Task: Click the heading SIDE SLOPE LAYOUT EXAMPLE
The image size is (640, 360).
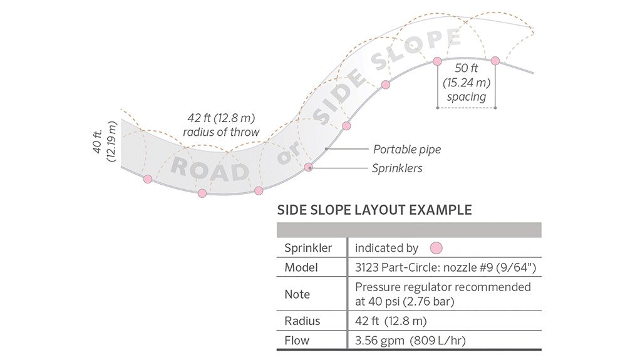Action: click(x=374, y=210)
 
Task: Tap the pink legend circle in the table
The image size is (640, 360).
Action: click(x=436, y=248)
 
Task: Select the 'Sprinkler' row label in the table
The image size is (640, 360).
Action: click(x=308, y=248)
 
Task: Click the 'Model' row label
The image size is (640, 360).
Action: click(x=301, y=267)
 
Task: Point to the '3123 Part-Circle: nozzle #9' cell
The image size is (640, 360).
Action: click(x=445, y=267)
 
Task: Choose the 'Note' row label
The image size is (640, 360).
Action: click(x=297, y=294)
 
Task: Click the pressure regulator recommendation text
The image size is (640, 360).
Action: click(x=443, y=294)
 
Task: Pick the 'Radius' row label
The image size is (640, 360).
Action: click(x=302, y=321)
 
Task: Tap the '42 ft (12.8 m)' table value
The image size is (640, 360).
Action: click(x=391, y=321)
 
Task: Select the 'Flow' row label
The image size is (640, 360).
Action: click(x=297, y=341)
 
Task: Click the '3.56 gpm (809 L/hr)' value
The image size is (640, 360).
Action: click(x=410, y=341)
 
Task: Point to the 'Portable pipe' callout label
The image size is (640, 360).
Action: click(x=407, y=150)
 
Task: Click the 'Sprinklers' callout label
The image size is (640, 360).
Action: click(x=397, y=168)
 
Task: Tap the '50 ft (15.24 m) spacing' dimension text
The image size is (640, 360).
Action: click(x=467, y=83)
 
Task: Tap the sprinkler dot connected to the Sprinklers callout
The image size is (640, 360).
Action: click(x=309, y=167)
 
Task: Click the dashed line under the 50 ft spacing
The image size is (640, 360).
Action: click(x=467, y=108)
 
